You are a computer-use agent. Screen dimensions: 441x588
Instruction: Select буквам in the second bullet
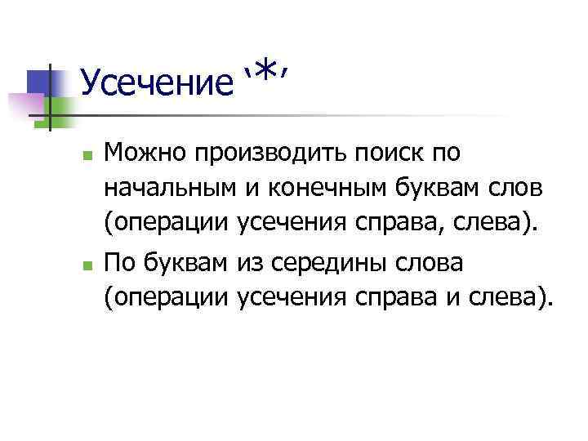pos(189,265)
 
